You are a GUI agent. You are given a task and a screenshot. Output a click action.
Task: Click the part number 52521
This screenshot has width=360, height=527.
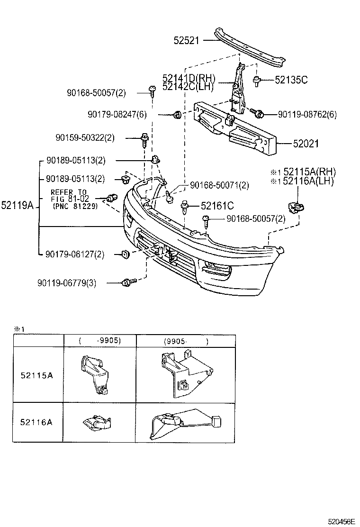188,41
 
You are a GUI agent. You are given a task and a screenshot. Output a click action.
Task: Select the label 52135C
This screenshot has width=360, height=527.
291,80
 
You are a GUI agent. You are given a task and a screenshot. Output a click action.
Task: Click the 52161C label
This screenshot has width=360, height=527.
217,206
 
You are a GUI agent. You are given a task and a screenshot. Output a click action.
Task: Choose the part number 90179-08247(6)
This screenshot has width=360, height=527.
117,114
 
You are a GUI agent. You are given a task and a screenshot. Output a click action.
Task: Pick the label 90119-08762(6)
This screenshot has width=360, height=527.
307,114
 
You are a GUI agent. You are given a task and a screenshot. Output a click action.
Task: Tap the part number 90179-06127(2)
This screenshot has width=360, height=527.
75,254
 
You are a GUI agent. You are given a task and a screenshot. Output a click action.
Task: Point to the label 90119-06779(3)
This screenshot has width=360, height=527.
66,283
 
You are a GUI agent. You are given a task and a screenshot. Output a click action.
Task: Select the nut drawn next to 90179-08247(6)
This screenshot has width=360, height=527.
176,114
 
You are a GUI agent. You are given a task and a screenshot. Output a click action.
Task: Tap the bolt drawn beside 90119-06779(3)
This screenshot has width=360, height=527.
127,283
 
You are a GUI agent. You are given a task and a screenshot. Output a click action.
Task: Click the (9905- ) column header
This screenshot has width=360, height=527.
186,341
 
